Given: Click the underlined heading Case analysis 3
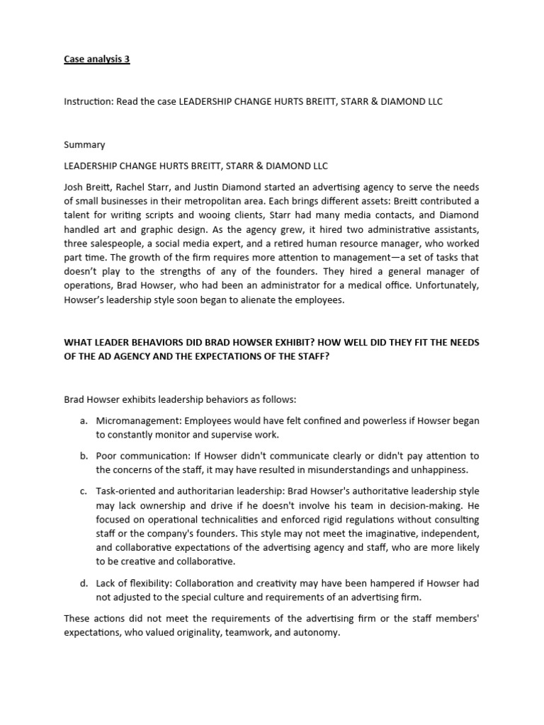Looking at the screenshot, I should (x=97, y=59).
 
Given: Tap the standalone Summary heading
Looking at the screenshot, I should (x=84, y=144).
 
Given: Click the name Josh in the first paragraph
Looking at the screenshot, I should (x=74, y=187).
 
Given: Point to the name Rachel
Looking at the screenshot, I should (x=136, y=187).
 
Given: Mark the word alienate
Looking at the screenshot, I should (x=245, y=299).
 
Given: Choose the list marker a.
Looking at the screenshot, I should (x=84, y=421).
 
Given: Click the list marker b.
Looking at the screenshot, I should (x=84, y=455).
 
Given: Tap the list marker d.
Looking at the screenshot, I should (x=84, y=583).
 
